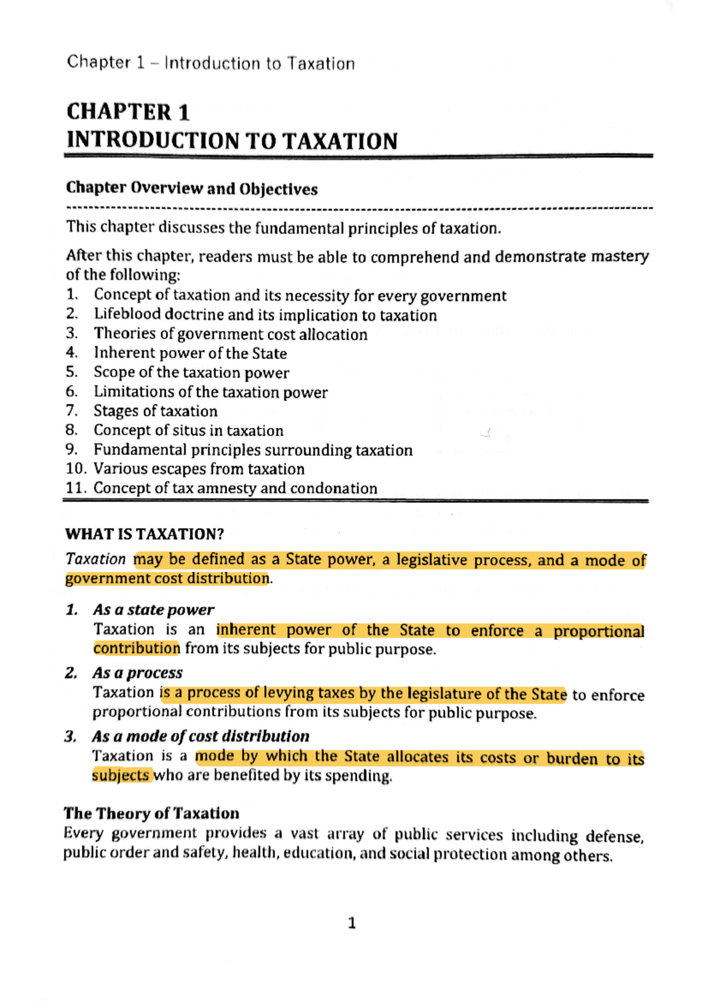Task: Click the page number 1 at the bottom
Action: tap(352, 923)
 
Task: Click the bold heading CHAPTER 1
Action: tap(128, 112)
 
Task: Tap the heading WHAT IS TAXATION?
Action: tap(145, 534)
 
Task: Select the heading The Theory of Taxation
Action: tap(152, 813)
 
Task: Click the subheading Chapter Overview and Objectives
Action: tap(192, 189)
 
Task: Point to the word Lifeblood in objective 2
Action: tap(127, 315)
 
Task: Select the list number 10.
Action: tap(75, 469)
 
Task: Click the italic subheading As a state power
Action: tap(153, 610)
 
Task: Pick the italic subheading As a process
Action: tap(137, 673)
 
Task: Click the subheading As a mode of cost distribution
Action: tap(201, 737)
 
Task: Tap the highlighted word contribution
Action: tap(136, 649)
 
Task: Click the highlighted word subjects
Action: tap(120, 775)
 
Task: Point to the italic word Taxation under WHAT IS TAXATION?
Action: tap(96, 559)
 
